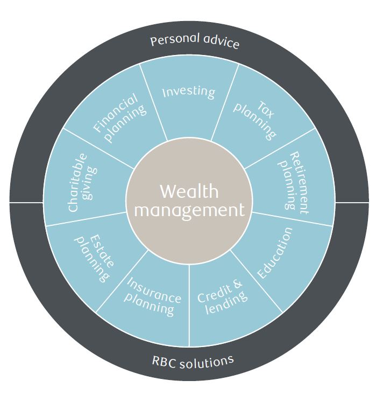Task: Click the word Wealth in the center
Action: tap(189, 191)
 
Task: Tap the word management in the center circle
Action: tap(189, 210)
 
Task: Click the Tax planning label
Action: tap(257, 120)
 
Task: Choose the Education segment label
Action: tap(275, 253)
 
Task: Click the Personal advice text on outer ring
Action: tap(194, 42)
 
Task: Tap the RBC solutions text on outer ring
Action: tap(193, 360)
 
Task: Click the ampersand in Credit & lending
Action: tap(238, 283)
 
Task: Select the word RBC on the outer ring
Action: tap(162, 361)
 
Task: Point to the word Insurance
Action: tap(154, 291)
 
